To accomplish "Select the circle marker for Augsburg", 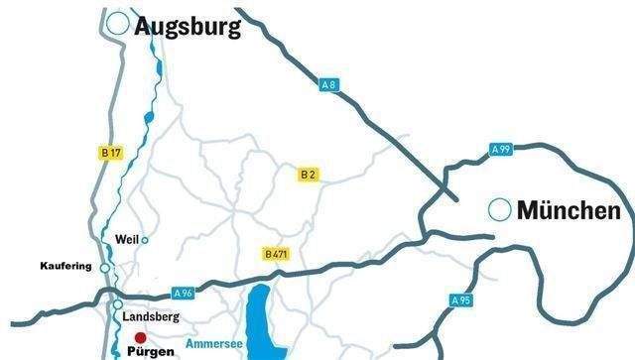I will [119, 24].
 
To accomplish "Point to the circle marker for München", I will [501, 209].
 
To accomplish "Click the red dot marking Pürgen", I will [141, 337].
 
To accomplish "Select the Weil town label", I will [126, 239].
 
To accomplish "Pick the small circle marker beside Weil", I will [145, 239].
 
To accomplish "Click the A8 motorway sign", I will [329, 85].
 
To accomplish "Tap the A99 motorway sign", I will [501, 149].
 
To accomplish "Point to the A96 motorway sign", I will [183, 293].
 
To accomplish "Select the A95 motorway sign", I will [459, 300].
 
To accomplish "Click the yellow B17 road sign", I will [110, 153].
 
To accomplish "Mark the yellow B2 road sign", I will [309, 174].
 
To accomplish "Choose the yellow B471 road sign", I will [276, 255].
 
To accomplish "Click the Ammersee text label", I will [209, 339].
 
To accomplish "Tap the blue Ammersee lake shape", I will [261, 317].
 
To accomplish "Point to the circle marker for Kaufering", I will [105, 268].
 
